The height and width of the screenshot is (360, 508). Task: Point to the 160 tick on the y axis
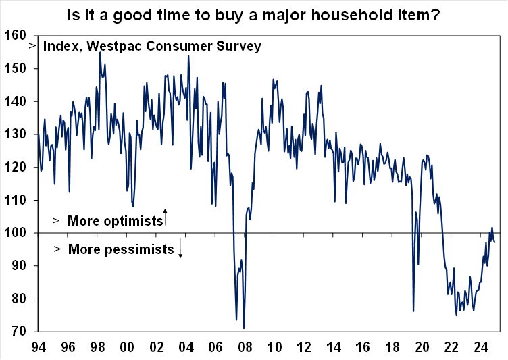pyautogui.click(x=15, y=35)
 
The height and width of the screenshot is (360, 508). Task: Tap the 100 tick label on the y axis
pyautogui.click(x=15, y=233)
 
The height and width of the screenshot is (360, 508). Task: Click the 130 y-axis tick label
pyautogui.click(x=15, y=134)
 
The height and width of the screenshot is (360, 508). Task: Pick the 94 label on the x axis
pyautogui.click(x=39, y=349)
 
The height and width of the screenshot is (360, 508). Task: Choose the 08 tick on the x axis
pyautogui.click(x=245, y=349)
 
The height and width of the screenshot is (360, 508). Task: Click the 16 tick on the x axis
pyautogui.click(x=363, y=349)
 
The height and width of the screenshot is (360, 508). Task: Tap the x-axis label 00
pyautogui.click(x=126, y=349)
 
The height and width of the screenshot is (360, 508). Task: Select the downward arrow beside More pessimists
pyautogui.click(x=181, y=250)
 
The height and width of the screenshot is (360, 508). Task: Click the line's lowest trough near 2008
pyautogui.click(x=243, y=328)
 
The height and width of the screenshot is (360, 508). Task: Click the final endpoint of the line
pyautogui.click(x=495, y=242)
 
